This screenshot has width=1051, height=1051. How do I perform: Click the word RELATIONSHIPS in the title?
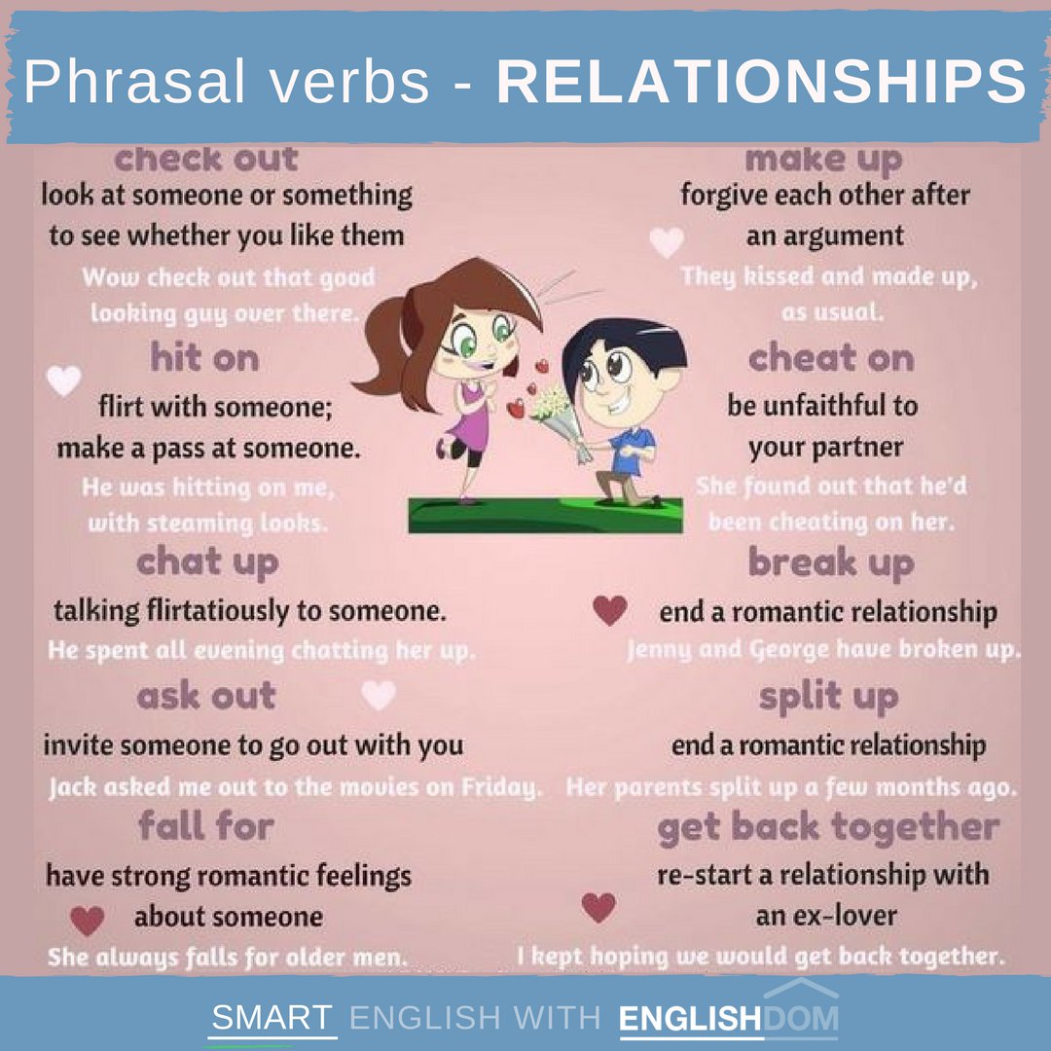(x=761, y=81)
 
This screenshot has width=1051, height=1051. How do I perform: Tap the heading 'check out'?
(x=206, y=159)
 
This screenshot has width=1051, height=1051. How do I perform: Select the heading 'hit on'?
(x=205, y=359)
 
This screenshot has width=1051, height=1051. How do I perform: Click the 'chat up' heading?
(x=207, y=562)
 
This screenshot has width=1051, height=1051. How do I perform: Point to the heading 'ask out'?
(x=206, y=697)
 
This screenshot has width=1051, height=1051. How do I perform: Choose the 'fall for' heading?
(x=206, y=827)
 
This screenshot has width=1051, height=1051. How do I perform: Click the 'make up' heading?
(x=823, y=159)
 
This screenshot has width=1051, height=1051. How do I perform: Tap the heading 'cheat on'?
(x=831, y=359)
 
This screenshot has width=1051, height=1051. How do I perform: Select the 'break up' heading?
(x=831, y=562)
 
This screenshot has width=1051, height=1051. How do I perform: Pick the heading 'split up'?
(x=829, y=697)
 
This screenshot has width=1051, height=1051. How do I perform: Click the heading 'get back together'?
(x=828, y=828)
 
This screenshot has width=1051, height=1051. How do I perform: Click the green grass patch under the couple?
(x=545, y=514)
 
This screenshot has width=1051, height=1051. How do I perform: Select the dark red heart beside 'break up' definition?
(x=609, y=610)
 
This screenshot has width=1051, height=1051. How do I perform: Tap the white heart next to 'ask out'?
(x=379, y=695)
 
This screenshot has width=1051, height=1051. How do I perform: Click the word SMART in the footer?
(x=272, y=1018)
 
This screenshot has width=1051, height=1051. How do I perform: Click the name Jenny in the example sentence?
(x=659, y=649)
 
